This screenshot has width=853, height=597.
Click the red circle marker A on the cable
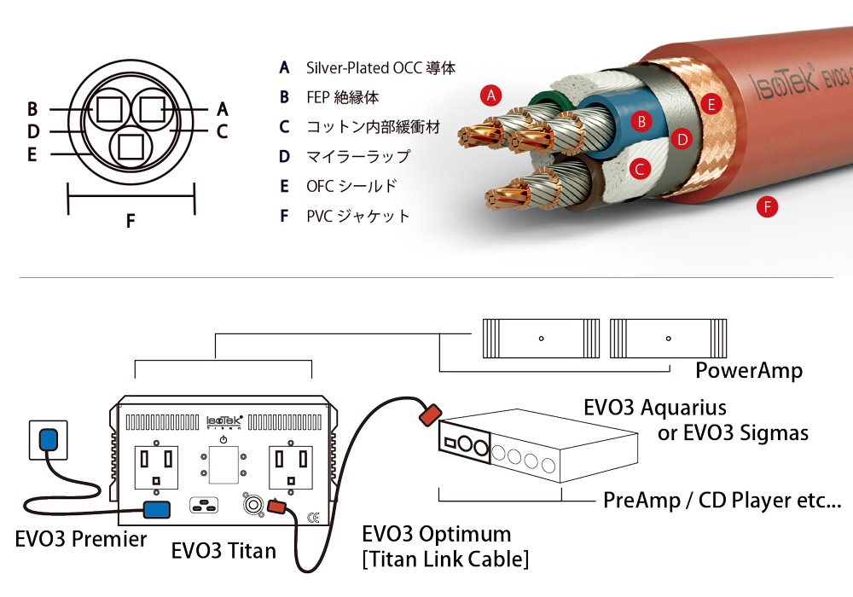point(490,96)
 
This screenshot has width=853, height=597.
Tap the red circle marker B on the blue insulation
point(641,122)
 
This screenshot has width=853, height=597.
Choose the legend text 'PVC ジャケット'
point(358,216)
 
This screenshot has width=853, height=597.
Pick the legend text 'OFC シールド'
point(351,186)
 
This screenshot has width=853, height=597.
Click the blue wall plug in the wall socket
point(50,440)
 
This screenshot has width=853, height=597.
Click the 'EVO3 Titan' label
point(223,550)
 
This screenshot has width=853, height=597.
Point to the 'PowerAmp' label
point(748,371)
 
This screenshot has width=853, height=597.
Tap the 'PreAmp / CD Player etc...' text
point(722,500)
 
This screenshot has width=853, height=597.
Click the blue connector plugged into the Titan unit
point(156,510)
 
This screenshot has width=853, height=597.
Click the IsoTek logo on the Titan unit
point(224,420)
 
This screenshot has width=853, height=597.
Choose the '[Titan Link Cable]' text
point(445,559)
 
